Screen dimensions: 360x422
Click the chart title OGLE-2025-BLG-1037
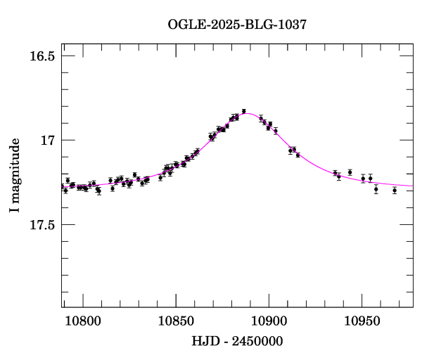pos(237,25)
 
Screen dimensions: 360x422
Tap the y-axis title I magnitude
pos(15,176)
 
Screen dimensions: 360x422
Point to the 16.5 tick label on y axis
pos(41,56)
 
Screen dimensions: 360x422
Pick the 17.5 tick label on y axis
pos(41,225)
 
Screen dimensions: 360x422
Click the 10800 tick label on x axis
pos(82,321)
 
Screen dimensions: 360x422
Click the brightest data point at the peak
pos(243,111)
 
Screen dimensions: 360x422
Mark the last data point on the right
pos(395,190)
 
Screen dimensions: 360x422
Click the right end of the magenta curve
pos(412,186)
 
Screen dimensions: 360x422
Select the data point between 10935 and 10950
pos(350,172)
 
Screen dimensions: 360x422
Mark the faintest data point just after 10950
pos(376,189)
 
